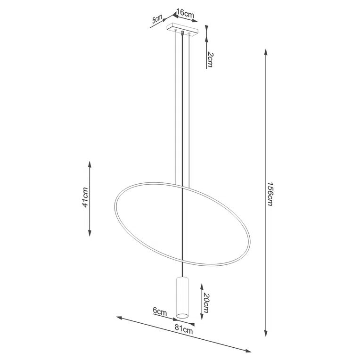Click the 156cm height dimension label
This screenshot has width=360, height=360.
[270, 194]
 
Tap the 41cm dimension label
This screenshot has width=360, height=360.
[85, 198]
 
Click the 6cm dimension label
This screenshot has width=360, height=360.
[160, 311]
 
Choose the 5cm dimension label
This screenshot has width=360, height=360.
[157, 20]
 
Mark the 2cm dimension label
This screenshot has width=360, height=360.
[210, 60]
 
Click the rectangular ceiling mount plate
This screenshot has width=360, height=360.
[183, 31]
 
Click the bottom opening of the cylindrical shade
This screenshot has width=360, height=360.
[182, 314]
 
